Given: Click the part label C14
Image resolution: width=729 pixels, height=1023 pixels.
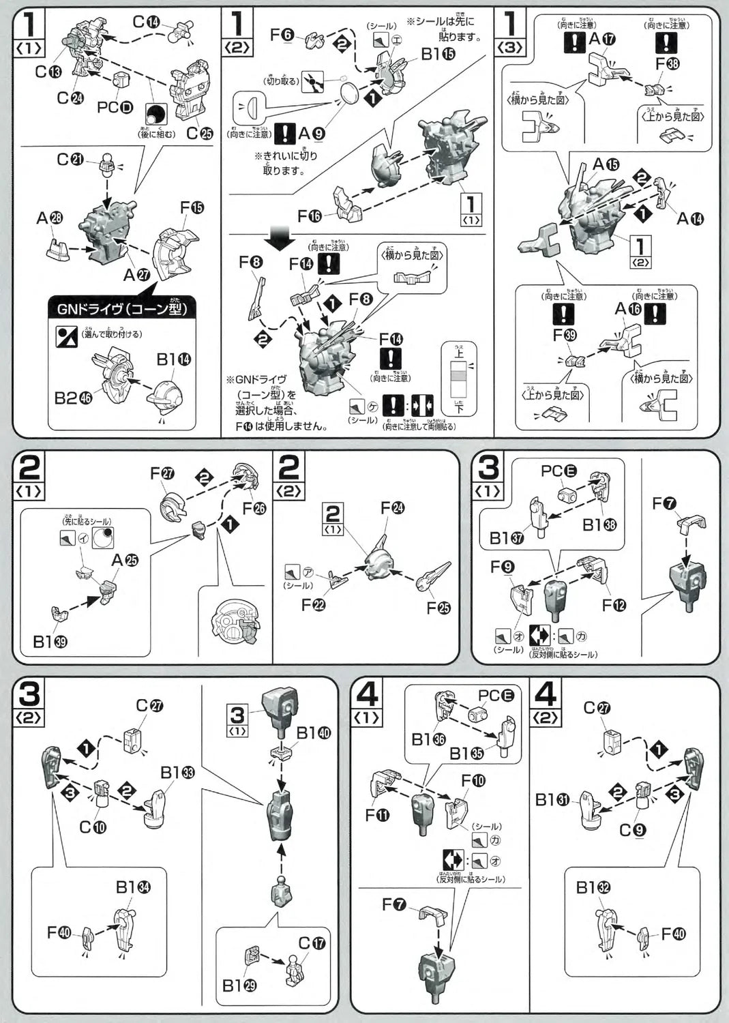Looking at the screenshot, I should pos(146,21).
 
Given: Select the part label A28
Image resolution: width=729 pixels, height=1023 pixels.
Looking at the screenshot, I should pos(50,218).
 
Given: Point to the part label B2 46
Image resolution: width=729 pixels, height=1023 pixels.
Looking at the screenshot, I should pos(74,398).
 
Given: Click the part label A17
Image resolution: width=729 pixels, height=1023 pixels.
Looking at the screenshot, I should pos(601,39).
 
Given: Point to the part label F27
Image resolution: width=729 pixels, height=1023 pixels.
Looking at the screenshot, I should pos(162,473).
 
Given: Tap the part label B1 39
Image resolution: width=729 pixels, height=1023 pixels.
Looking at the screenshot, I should pos(50,642).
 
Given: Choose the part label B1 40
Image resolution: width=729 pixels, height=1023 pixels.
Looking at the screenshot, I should pos(313,733).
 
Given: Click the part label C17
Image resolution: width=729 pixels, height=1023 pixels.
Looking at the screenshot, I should pos(312,943).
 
